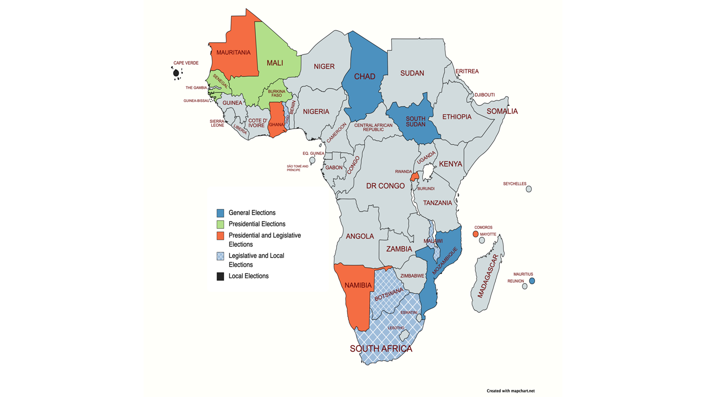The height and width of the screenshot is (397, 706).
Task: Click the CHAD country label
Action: (x=364, y=76)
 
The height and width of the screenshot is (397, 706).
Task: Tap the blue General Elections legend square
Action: (x=220, y=213)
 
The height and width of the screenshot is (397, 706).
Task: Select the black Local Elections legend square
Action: (x=220, y=276)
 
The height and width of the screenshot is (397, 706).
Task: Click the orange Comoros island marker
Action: (x=475, y=234)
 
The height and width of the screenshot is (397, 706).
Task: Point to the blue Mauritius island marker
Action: (x=532, y=281)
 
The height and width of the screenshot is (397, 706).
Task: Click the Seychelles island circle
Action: (x=529, y=189)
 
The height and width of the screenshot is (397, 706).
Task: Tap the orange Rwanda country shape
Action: (x=415, y=176)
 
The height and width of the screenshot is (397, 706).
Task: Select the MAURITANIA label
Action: (x=233, y=53)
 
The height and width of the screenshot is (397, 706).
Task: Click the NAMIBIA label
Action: (x=358, y=285)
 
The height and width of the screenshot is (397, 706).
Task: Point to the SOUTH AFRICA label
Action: (x=381, y=349)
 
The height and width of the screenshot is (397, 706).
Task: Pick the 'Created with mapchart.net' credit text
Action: (x=511, y=391)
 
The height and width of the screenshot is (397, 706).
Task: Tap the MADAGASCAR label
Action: (x=488, y=276)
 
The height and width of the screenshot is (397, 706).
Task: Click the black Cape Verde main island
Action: (x=176, y=73)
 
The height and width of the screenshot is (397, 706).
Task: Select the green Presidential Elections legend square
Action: (x=220, y=224)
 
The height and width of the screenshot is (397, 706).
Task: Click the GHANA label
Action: (x=276, y=125)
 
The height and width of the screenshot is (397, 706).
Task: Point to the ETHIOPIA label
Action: (x=457, y=117)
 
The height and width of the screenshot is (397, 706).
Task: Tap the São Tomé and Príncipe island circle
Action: (x=312, y=160)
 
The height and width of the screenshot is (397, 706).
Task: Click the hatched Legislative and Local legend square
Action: (x=220, y=256)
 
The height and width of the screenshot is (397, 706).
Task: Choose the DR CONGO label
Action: (x=385, y=186)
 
